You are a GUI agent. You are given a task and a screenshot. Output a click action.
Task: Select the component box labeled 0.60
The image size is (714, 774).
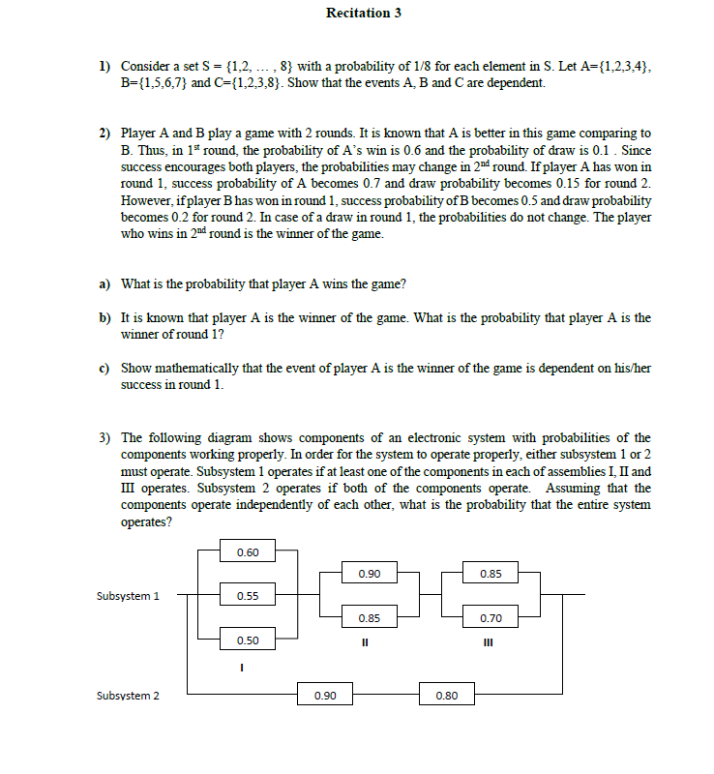248,552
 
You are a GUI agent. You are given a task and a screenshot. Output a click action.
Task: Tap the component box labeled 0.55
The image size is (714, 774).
248,596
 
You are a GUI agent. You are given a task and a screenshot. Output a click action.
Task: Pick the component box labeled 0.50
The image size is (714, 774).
248,640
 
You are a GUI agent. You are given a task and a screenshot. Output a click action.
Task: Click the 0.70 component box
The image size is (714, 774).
491,617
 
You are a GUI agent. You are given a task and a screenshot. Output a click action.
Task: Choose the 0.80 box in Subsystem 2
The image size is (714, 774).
446,695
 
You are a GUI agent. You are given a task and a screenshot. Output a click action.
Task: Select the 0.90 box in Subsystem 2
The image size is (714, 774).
326,695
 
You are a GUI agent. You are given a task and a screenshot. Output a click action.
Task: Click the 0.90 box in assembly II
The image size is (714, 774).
369,574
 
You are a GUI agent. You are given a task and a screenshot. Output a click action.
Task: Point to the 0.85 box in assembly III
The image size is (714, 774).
491,574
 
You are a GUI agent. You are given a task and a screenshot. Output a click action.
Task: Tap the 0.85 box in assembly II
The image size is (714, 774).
369,617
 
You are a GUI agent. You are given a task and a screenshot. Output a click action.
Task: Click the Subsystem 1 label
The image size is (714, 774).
129,596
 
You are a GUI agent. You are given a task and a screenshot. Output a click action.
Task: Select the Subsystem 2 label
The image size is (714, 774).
129,695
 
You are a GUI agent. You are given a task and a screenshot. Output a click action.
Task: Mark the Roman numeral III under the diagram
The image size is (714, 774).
490,640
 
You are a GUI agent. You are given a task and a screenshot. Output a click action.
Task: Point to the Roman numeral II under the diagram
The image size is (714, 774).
368,640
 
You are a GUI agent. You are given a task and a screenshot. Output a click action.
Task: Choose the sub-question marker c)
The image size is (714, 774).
104,368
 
